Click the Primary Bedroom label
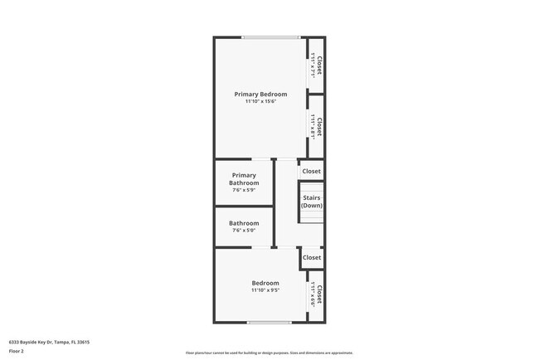click(260, 95)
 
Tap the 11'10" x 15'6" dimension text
click(260, 102)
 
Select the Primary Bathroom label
click(244, 179)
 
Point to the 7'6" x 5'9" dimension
click(244, 190)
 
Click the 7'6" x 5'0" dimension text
click(244, 231)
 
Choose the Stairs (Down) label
click(312, 202)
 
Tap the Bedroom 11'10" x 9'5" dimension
click(265, 291)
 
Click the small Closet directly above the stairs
click(312, 172)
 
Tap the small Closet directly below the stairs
click(312, 258)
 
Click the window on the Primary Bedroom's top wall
click(271, 37)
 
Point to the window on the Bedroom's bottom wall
click(269, 322)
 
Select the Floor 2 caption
click(17, 352)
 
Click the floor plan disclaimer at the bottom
click(269, 353)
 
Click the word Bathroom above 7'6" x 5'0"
click(244, 223)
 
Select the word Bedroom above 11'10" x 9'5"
click(265, 283)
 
